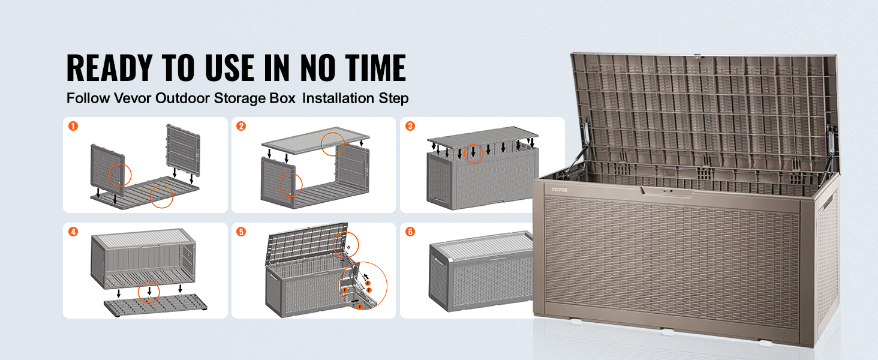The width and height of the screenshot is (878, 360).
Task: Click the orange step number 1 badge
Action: (73, 126)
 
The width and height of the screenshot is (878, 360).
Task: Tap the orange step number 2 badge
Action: (241, 126)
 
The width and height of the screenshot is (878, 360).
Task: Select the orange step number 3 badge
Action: (410, 126)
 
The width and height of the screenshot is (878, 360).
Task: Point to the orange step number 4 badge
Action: (73, 232)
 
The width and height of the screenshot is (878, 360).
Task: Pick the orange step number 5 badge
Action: (241, 232)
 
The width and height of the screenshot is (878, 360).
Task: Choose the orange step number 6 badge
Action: (410, 232)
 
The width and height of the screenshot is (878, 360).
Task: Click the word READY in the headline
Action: (109, 68)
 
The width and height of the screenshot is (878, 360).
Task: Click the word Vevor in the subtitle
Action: (133, 98)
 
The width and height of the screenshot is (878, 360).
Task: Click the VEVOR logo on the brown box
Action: (560, 190)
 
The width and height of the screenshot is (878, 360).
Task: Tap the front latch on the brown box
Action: (667, 192)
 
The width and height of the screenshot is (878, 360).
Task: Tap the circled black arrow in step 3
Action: (473, 152)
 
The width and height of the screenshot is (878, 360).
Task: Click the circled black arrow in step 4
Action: (149, 290)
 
